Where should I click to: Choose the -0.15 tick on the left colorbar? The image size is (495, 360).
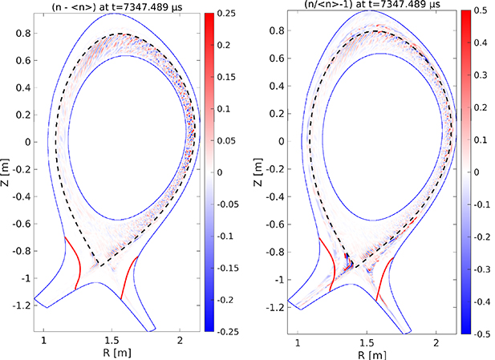coord(229,266)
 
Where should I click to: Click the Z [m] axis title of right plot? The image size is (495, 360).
coord(265,172)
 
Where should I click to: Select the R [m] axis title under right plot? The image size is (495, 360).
coord(371,353)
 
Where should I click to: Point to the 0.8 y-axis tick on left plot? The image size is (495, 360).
coord(25,33)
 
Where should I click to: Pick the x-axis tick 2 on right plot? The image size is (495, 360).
coord(437,342)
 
